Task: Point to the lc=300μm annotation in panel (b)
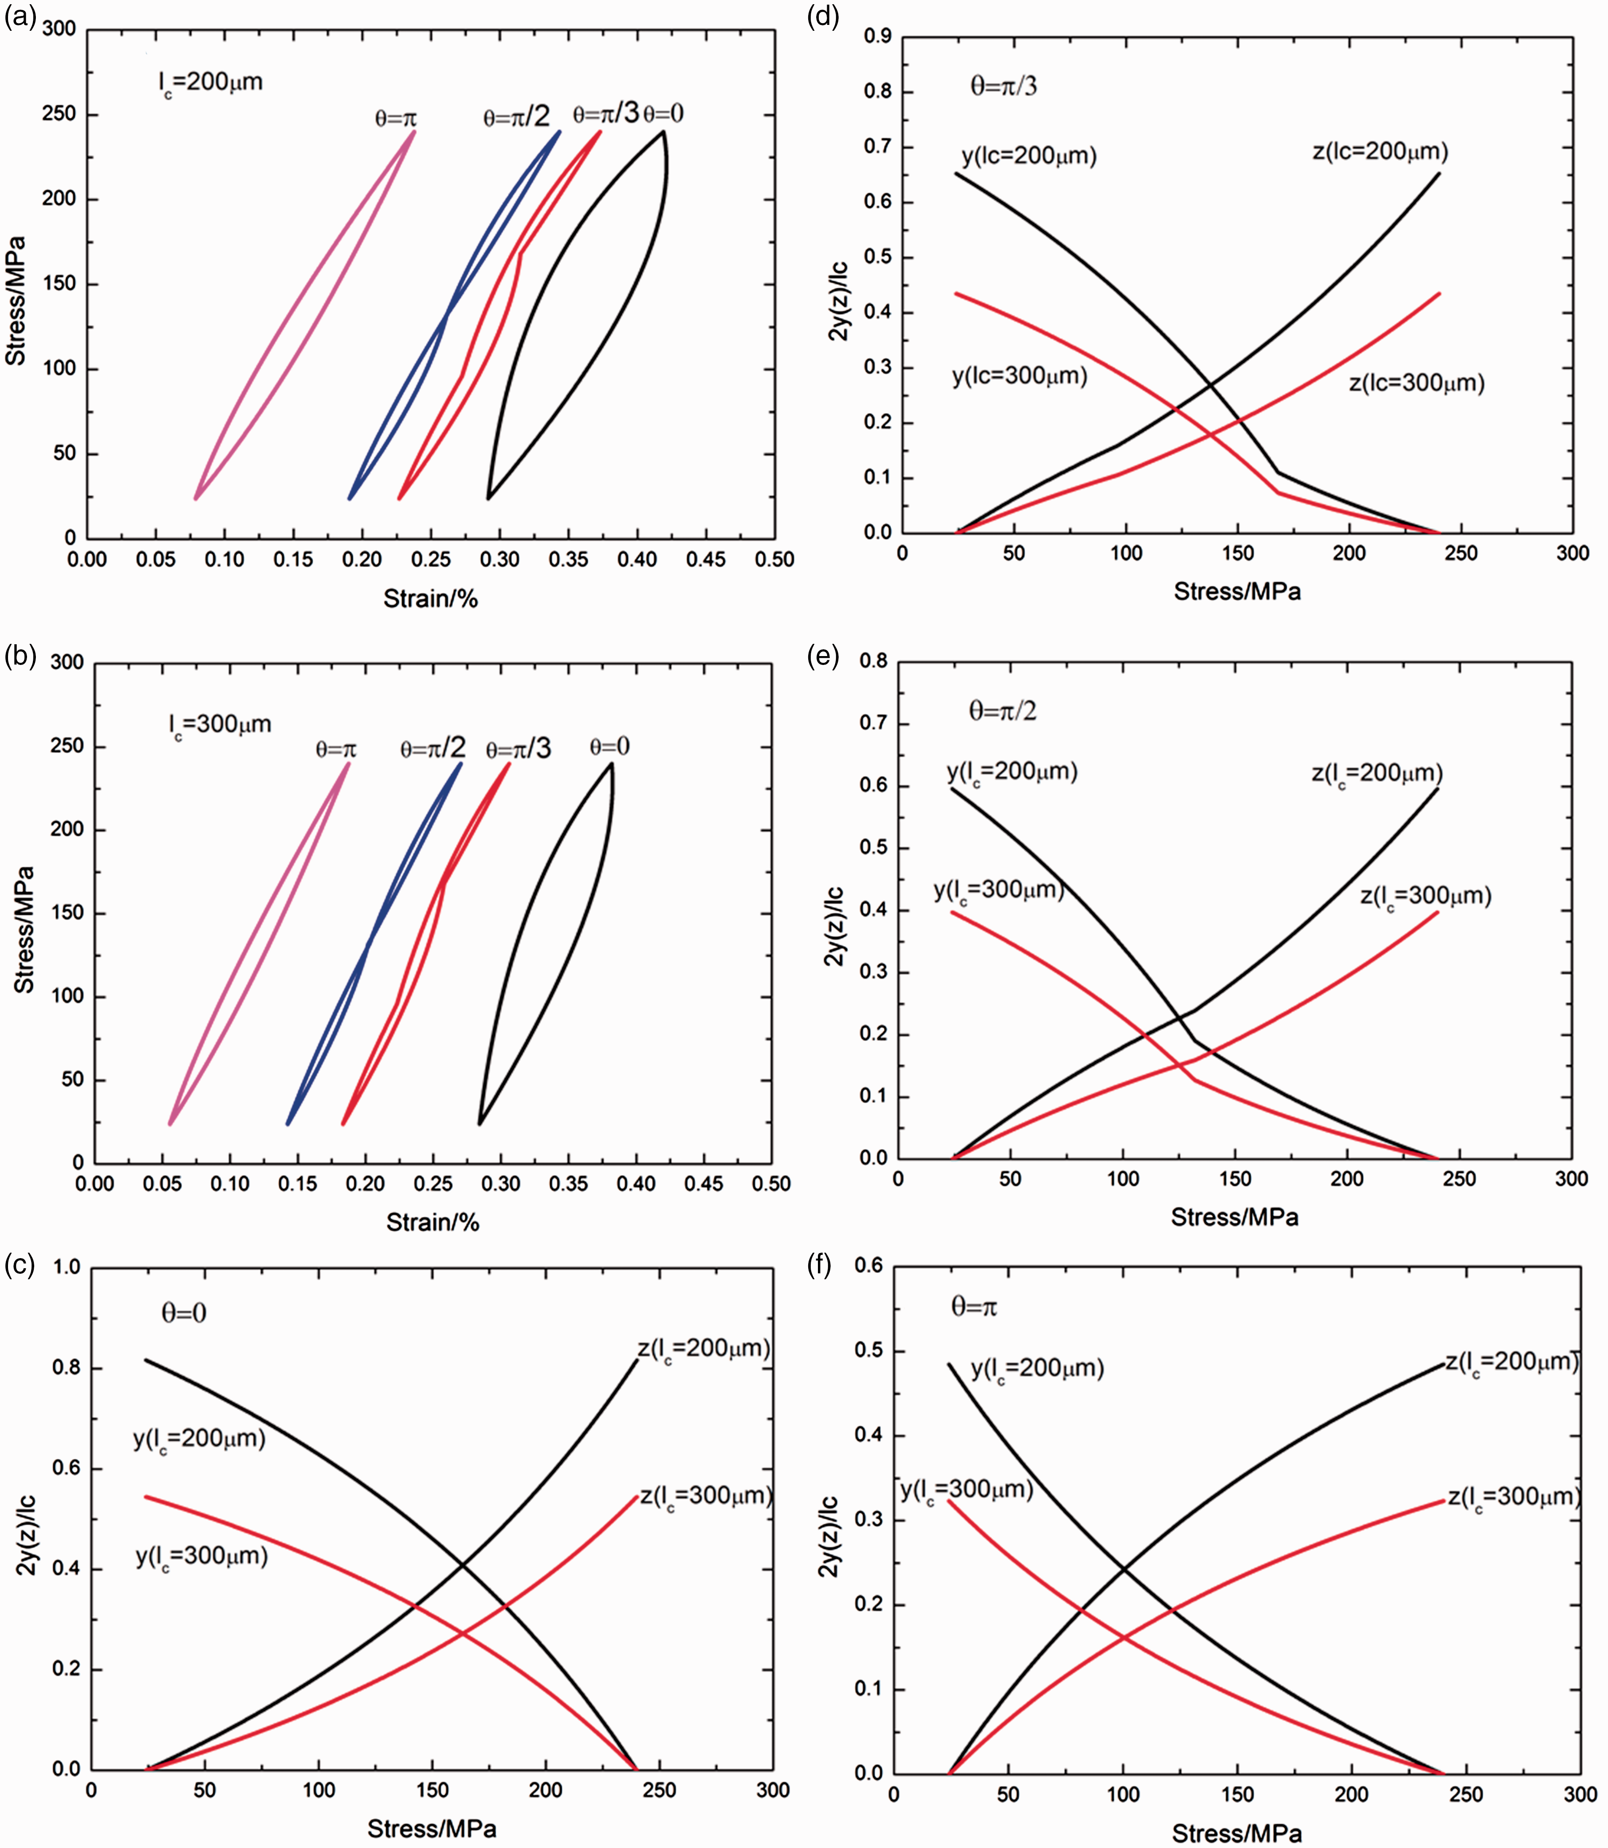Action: coord(220,725)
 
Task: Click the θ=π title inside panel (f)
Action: coord(974,1307)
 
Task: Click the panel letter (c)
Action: coord(20,1265)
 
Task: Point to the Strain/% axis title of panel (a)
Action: coord(431,598)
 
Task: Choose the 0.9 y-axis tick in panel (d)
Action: coord(877,37)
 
